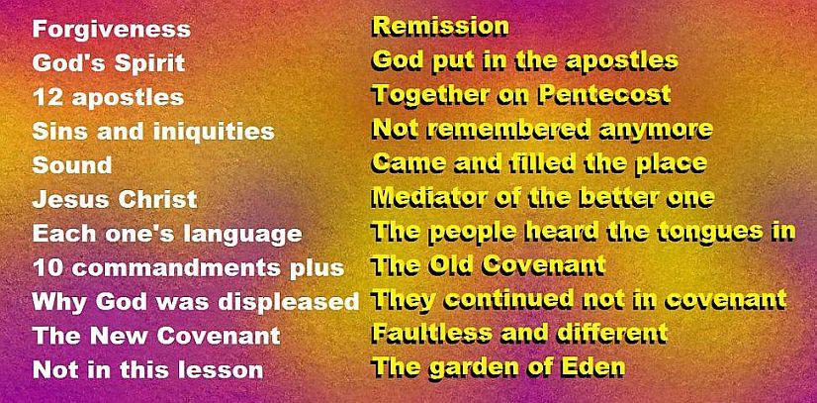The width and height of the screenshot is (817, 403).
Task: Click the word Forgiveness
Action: tap(112, 30)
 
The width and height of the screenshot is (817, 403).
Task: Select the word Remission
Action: tap(441, 27)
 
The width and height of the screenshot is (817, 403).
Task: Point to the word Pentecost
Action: tap(604, 94)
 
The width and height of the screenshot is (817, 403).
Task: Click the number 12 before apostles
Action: tap(49, 97)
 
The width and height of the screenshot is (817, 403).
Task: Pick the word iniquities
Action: tap(214, 132)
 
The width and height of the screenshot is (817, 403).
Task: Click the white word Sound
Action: tap(72, 165)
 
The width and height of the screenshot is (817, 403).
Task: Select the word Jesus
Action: tap(67, 199)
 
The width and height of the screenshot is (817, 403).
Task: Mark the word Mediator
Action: tap(439, 196)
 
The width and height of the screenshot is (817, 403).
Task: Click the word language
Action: tap(242, 234)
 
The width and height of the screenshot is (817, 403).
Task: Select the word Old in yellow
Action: tap(451, 265)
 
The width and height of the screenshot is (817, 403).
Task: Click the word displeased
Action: tap(289, 302)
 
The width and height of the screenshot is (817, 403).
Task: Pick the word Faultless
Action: tap(432, 333)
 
